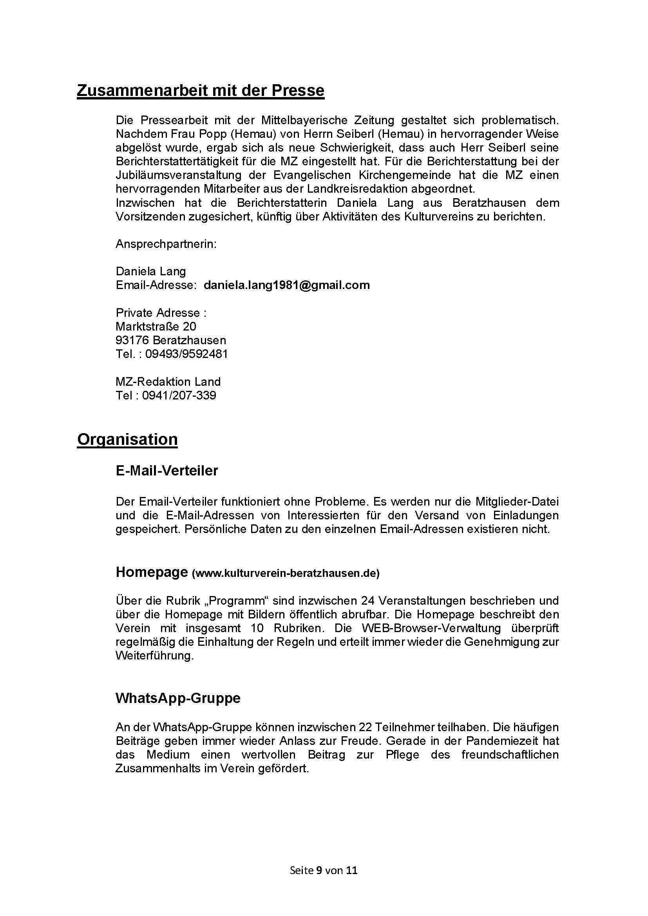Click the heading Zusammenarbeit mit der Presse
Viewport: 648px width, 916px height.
click(x=200, y=90)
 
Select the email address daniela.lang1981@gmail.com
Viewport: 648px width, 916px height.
click(x=286, y=285)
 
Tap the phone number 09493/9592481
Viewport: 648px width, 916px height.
click(x=186, y=354)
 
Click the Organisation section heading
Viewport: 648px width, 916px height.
click(x=127, y=439)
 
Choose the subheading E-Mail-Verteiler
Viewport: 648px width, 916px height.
click(x=167, y=471)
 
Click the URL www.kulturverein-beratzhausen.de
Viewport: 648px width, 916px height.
click(x=286, y=573)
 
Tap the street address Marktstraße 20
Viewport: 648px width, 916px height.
click(x=156, y=326)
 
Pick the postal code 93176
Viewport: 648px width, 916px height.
click(x=132, y=340)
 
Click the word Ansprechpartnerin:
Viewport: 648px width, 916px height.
click(x=166, y=244)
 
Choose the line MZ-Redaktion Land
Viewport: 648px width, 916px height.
click(x=168, y=382)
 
